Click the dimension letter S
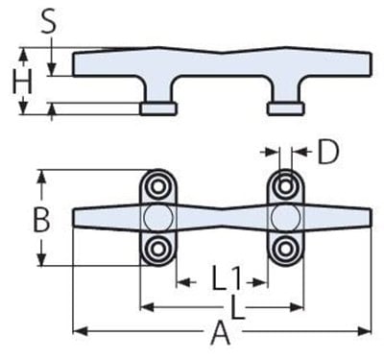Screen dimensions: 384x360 click(x=49, y=21)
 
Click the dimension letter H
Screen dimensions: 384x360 click(x=22, y=82)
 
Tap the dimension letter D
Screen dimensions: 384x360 click(x=327, y=153)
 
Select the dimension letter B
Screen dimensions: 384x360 click(x=41, y=220)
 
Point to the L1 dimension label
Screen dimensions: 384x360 click(x=227, y=278)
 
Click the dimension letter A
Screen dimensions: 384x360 click(x=220, y=333)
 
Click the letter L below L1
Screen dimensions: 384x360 click(x=237, y=307)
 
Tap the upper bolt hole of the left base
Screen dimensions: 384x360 click(x=157, y=186)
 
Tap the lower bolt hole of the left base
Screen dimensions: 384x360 click(x=157, y=248)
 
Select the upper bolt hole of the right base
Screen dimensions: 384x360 click(x=285, y=186)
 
